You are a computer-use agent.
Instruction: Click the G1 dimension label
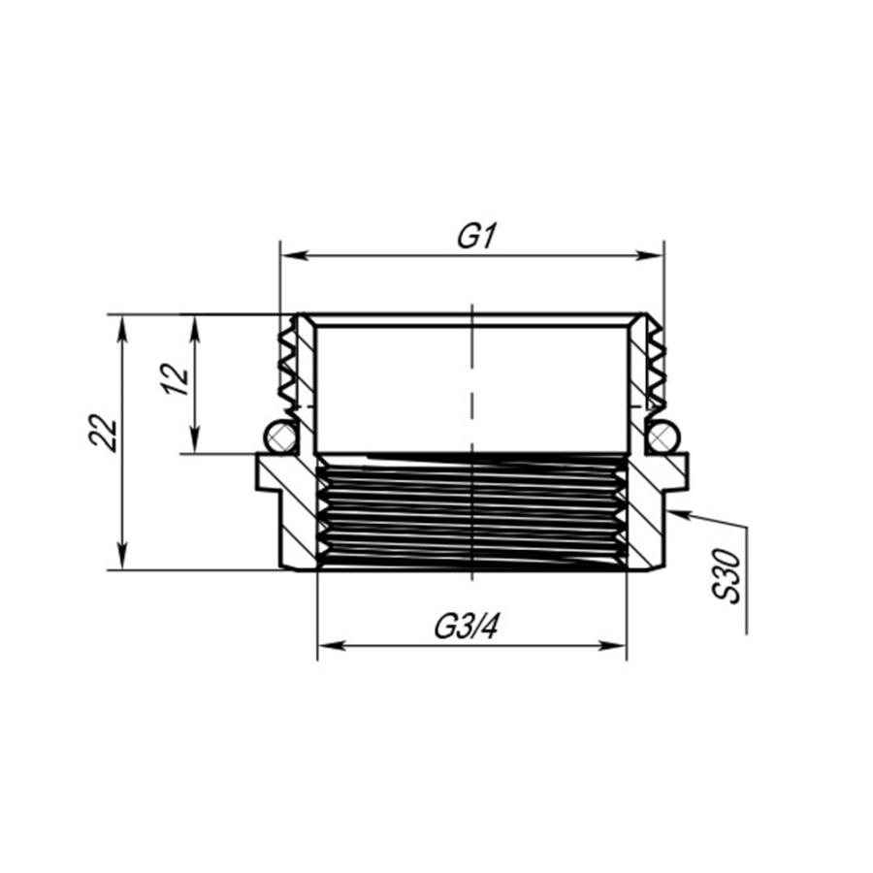476,237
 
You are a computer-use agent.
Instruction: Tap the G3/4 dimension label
466,628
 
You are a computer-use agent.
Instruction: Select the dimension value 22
104,434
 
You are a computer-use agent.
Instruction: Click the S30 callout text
727,575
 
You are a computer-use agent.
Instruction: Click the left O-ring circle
281,436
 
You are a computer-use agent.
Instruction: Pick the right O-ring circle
663,436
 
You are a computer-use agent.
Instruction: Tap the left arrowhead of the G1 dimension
295,255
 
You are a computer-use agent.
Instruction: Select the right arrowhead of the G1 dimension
650,255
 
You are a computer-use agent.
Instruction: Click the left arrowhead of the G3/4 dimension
332,646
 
